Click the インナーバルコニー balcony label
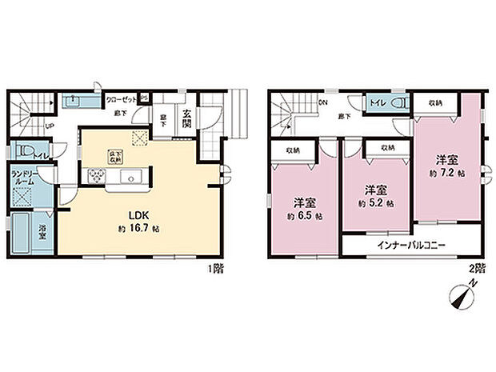pos(412,245)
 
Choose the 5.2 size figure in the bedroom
pos(378,203)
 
